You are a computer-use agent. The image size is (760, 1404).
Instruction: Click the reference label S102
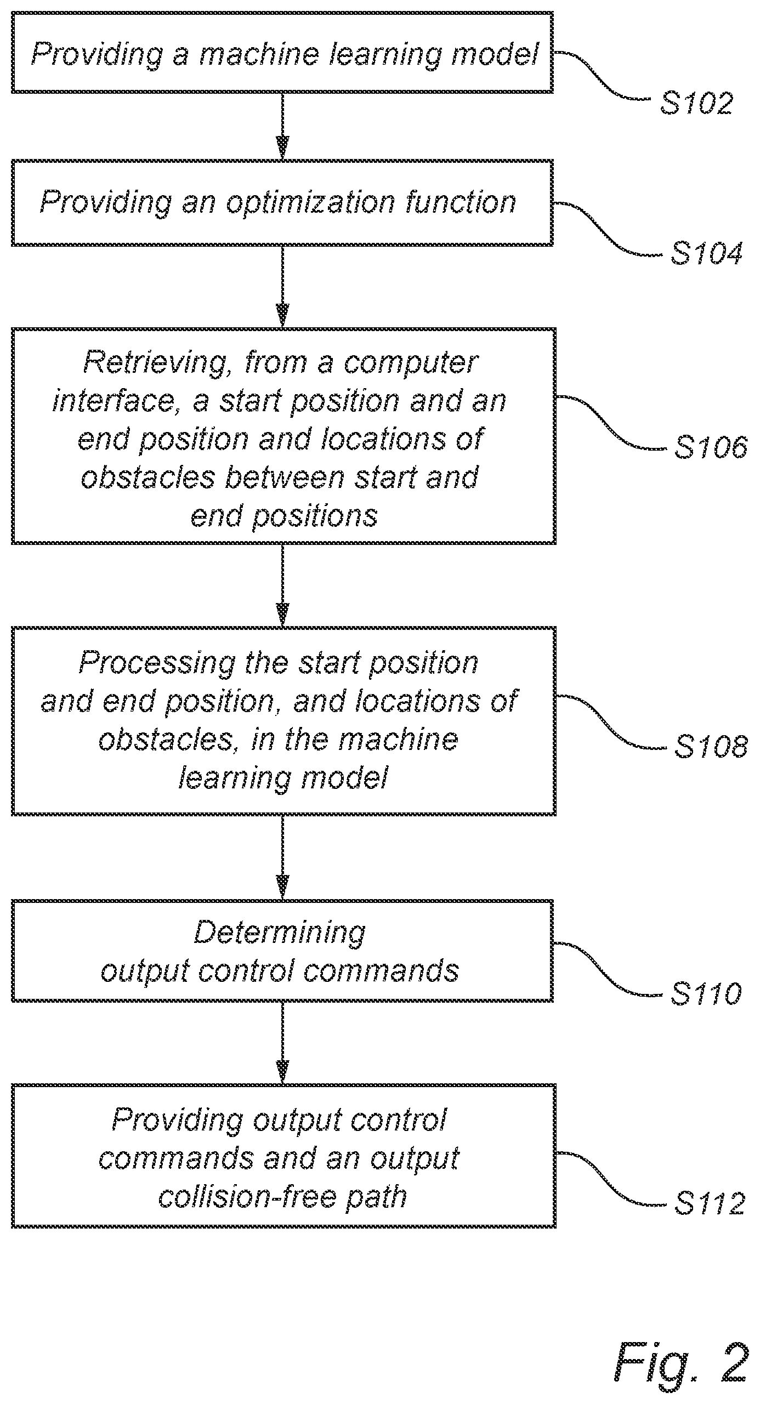tap(696, 103)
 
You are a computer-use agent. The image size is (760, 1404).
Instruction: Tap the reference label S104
tap(707, 253)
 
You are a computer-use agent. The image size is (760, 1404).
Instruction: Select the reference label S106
tap(711, 447)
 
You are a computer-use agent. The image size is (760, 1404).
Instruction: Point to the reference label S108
tap(711, 746)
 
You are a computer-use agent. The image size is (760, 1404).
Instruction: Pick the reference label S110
tap(706, 993)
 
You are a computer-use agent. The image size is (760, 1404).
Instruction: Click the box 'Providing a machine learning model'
tap(282, 53)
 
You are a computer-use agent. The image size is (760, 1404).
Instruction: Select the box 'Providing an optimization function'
tap(282, 203)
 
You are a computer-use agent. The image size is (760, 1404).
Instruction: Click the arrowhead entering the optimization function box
tap(282, 147)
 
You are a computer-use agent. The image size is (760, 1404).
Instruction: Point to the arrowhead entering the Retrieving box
tap(282, 316)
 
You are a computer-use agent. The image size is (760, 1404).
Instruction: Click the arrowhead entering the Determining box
tap(282, 888)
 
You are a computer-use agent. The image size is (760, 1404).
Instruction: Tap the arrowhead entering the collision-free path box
tap(282, 1072)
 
